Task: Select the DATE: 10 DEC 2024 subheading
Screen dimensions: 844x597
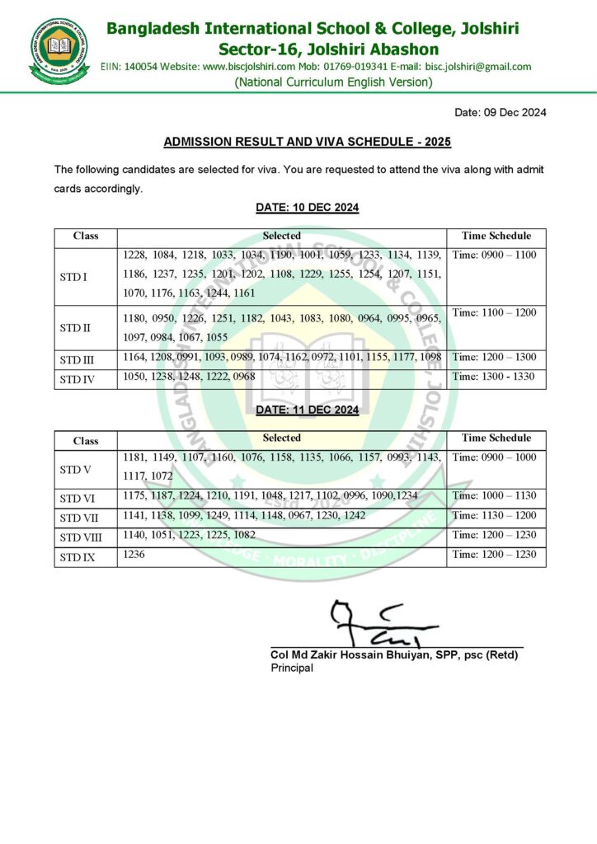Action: [x=307, y=208]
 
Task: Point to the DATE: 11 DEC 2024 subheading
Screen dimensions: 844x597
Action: [x=307, y=410]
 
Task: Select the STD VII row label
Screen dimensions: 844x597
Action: [x=78, y=518]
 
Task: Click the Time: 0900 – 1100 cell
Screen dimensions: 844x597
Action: [x=494, y=256]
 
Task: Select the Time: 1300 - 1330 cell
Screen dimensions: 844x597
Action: [x=494, y=377]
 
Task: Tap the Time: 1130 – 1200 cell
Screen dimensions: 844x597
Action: [x=494, y=515]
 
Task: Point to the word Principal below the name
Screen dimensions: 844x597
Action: [x=292, y=668]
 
